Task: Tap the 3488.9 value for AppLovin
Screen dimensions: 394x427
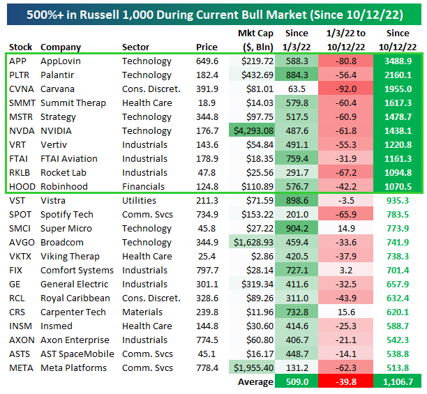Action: click(x=397, y=61)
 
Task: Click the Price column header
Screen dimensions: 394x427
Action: click(x=207, y=47)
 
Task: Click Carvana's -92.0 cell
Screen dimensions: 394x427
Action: click(x=346, y=89)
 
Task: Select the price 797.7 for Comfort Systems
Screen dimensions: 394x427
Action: click(x=207, y=270)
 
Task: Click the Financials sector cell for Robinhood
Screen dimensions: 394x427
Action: click(x=142, y=186)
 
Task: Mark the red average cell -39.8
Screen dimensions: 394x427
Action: click(x=346, y=381)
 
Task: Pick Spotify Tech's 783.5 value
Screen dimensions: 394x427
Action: click(x=398, y=214)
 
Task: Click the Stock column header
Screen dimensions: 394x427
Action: click(x=21, y=47)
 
